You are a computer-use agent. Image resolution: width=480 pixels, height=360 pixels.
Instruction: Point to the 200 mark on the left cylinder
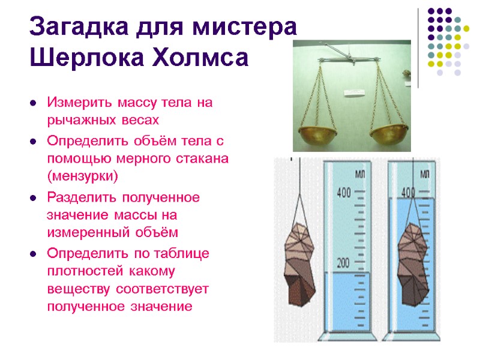tap(343, 263)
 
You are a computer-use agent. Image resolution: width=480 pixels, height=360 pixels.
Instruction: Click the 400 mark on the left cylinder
tap(343, 193)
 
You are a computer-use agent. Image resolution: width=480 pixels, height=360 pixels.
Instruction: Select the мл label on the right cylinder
tap(424, 174)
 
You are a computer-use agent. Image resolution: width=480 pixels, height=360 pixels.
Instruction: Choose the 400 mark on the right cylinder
tap(408, 193)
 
